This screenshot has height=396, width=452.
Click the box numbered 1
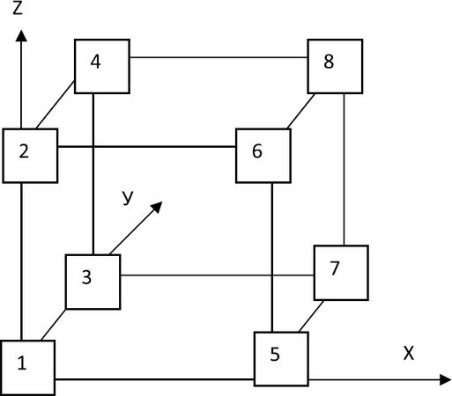pos(27,368)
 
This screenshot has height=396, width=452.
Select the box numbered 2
pos(30,156)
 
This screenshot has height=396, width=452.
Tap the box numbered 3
pos(93,282)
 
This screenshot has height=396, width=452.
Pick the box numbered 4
pos(102,66)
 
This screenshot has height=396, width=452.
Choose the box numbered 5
pos(281,359)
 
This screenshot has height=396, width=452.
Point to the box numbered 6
pos(263,156)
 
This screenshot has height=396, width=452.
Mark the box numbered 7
pos(341,273)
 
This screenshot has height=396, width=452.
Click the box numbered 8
pos(335,66)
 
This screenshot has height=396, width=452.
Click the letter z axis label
pos(18,9)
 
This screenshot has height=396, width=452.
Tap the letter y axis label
pos(128,197)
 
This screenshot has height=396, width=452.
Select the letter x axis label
pos(409,353)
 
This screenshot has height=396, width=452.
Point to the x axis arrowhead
pos(445,380)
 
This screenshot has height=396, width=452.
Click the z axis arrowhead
pos(21,35)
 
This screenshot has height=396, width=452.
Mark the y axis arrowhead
pos(157,207)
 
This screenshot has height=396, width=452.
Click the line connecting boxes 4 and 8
pos(219,57)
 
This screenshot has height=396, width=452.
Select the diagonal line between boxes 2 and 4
pos(55,105)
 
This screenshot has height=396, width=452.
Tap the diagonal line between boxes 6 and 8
pos(301,111)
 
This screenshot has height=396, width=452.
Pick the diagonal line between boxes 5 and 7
pos(311,316)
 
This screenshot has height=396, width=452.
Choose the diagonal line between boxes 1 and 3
pos(54,325)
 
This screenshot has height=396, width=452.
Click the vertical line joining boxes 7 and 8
pos(344,170)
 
